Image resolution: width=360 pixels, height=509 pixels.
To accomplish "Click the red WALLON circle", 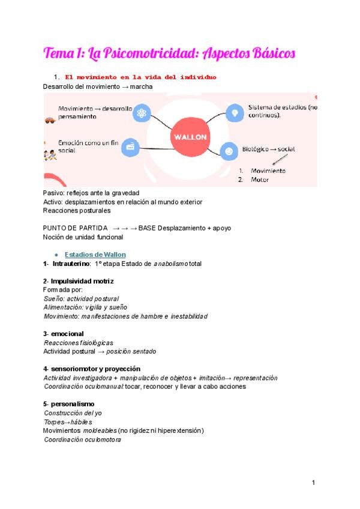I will pyautogui.click(x=190, y=136).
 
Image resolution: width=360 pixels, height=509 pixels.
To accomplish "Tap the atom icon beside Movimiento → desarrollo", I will pyautogui.click(x=142, y=113).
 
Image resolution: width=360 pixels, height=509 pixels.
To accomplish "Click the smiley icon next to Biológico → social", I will pyautogui.click(x=228, y=151).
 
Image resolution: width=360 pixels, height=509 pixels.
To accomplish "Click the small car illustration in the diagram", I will pyautogui.click(x=49, y=121).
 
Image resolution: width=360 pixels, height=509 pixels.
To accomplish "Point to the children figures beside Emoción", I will pyautogui.click(x=50, y=155).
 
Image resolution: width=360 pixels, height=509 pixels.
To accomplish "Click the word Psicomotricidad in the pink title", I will pyautogui.click(x=142, y=53).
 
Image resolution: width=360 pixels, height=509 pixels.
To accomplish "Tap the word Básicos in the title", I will pyautogui.click(x=270, y=53).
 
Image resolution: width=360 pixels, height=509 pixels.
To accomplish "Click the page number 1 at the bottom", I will pyautogui.click(x=313, y=483).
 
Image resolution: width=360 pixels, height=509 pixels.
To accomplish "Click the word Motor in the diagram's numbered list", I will pyautogui.click(x=259, y=179).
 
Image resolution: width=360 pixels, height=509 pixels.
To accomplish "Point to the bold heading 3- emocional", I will pyautogui.click(x=64, y=333).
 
